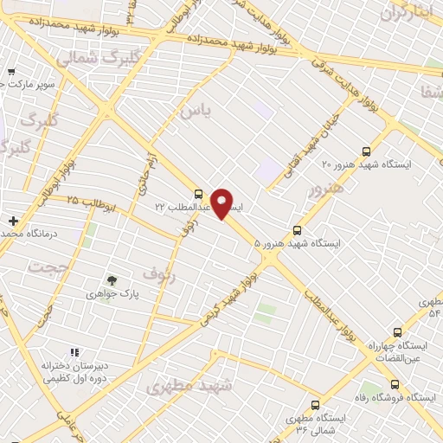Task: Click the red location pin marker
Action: [x=222, y=202]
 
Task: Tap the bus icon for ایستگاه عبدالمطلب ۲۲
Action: [x=199, y=194]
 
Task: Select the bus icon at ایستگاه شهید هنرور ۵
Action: [x=298, y=230]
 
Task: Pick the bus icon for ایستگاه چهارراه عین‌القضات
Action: [x=397, y=331]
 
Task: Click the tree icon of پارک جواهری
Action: [x=111, y=279]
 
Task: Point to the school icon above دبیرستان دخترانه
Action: [x=74, y=353]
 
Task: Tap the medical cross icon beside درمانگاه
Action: [x=12, y=221]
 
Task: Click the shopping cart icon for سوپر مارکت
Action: [x=10, y=73]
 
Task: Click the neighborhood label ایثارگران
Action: [x=405, y=14]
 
